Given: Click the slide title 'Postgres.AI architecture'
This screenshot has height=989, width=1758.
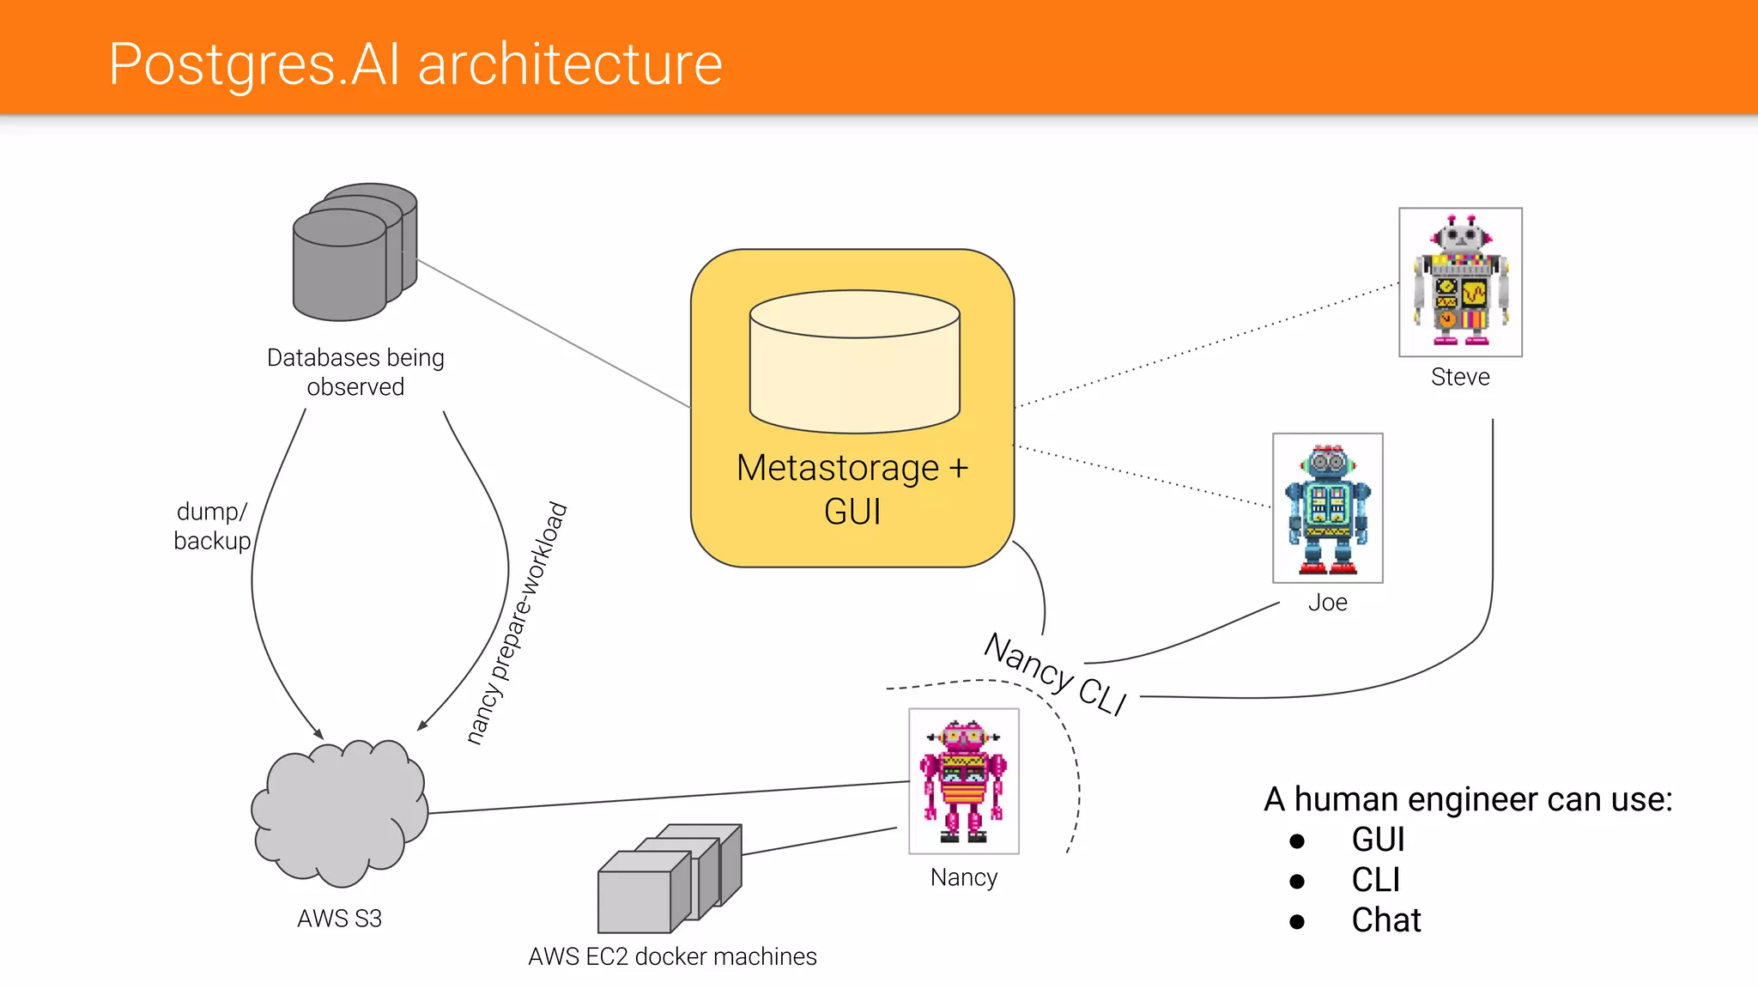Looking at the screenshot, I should [415, 64].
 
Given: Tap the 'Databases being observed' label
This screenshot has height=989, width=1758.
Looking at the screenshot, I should [355, 372].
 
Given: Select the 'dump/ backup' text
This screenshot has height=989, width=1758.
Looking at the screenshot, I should [212, 525].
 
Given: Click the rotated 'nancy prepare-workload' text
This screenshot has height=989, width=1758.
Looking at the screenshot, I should [518, 622].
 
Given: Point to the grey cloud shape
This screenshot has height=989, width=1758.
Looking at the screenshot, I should [340, 812].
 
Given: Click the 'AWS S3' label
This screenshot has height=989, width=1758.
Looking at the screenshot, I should [339, 919].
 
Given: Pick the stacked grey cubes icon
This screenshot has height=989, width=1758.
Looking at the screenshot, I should [669, 878].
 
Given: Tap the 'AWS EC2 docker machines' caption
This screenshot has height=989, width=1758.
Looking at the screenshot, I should [672, 956].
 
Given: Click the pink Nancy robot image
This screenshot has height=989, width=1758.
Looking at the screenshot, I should [963, 780].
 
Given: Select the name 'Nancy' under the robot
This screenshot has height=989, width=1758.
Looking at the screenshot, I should [963, 877].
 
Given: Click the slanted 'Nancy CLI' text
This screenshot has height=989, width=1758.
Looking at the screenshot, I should [1055, 674].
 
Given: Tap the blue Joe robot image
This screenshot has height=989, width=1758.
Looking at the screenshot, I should [1327, 508].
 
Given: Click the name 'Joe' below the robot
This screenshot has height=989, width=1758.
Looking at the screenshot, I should [1327, 603].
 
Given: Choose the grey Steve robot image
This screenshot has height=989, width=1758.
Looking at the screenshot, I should [1460, 282].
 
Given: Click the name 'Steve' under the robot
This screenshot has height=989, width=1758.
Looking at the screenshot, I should [1460, 377].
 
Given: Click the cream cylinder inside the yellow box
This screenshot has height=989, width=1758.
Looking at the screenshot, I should [854, 361].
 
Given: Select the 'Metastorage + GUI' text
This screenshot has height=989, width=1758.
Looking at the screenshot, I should [852, 489].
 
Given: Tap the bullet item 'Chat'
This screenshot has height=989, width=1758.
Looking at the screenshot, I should [1385, 920].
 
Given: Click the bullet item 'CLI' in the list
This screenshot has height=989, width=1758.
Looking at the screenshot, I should [1375, 880].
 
